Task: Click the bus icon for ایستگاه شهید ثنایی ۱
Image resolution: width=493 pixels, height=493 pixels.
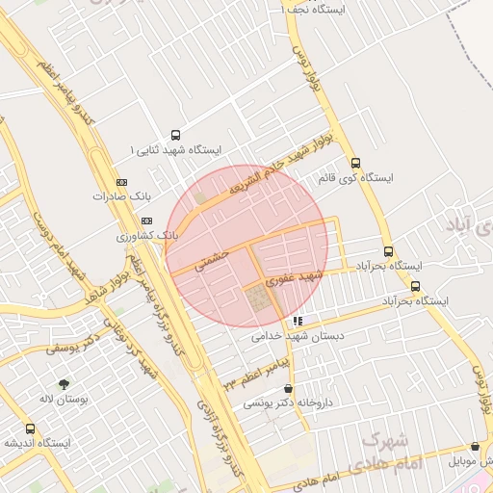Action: click(x=175, y=135)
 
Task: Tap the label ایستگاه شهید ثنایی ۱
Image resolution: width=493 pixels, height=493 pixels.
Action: click(x=175, y=151)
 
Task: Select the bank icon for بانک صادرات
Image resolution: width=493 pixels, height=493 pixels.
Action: click(x=121, y=181)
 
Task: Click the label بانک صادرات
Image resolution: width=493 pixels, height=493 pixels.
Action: click(x=121, y=196)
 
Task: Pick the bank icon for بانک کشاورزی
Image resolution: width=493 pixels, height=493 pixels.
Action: click(x=145, y=221)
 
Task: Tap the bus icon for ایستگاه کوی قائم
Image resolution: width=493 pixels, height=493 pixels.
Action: click(x=356, y=163)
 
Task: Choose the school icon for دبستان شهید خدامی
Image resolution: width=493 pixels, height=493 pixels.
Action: click(x=298, y=322)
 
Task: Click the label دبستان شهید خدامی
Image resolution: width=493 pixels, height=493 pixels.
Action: click(x=298, y=337)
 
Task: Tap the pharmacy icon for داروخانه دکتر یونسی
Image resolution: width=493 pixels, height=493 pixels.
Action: click(x=287, y=388)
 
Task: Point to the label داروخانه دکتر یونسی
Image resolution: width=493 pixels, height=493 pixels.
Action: click(x=287, y=403)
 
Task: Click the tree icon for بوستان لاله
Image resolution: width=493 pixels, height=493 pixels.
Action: click(x=65, y=382)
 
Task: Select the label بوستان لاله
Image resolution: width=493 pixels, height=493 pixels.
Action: click(x=65, y=398)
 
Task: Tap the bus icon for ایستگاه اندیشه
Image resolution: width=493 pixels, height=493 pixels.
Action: click(x=30, y=428)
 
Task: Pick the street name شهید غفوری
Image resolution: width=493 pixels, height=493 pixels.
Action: click(x=294, y=277)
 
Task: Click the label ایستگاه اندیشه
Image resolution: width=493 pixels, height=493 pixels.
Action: click(x=36, y=444)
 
